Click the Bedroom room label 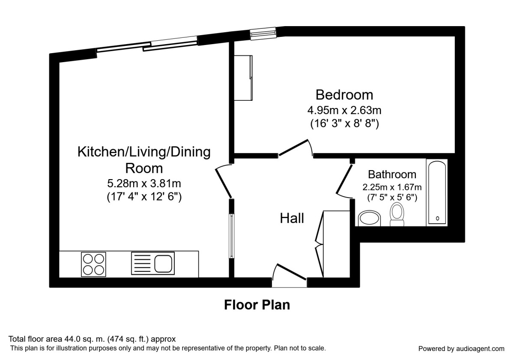(x=344, y=94)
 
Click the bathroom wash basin (x=369, y=218)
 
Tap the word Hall (x=292, y=218)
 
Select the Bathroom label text (x=392, y=174)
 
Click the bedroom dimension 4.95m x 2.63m (x=344, y=111)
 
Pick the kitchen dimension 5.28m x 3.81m (x=144, y=184)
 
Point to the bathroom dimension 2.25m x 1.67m (x=392, y=187)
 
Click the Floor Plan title (x=257, y=305)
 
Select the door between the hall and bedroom (x=295, y=148)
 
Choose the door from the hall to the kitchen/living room (x=224, y=182)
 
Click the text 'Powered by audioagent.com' (x=461, y=348)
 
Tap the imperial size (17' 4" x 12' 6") (x=144, y=198)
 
